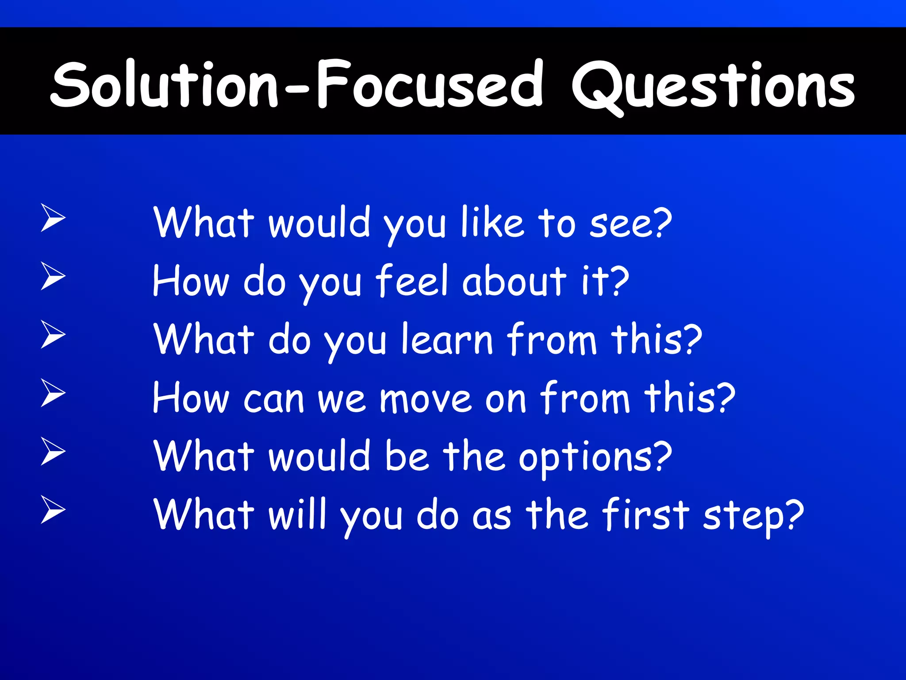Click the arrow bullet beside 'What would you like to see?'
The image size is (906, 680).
click(53, 217)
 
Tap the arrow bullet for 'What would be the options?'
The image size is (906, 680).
click(53, 451)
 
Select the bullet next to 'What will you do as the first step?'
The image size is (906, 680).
click(53, 510)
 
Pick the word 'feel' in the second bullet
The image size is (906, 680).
click(412, 281)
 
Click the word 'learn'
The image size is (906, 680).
click(447, 340)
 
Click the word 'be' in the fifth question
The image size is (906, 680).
click(406, 456)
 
